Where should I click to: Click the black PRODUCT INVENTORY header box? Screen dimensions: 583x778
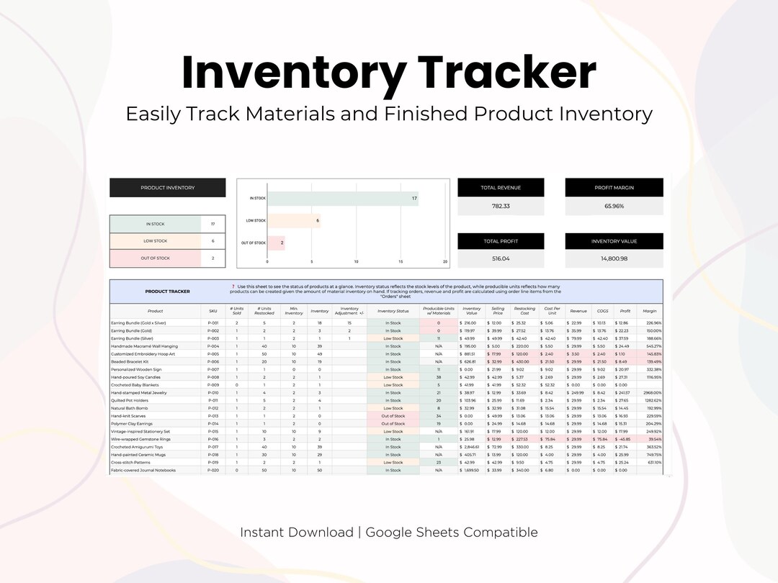(167, 188)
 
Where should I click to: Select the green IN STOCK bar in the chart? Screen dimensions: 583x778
(342, 198)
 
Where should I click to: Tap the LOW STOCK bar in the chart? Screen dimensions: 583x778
(294, 221)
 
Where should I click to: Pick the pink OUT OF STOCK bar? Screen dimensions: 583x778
(276, 243)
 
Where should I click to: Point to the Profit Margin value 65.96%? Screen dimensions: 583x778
(614, 206)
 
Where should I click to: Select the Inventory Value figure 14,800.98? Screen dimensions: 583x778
(614, 258)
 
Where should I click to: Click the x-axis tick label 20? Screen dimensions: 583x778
(445, 262)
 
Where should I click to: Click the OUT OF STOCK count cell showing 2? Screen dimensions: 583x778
(213, 258)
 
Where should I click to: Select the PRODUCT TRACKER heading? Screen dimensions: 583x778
(167, 291)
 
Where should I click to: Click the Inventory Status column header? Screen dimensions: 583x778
(393, 311)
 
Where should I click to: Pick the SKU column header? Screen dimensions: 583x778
(213, 311)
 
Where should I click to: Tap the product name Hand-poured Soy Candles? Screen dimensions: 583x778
(135, 377)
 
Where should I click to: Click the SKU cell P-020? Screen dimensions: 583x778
(213, 470)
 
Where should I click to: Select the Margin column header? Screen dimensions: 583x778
(650, 311)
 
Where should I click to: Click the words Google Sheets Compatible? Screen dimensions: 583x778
(452, 533)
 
